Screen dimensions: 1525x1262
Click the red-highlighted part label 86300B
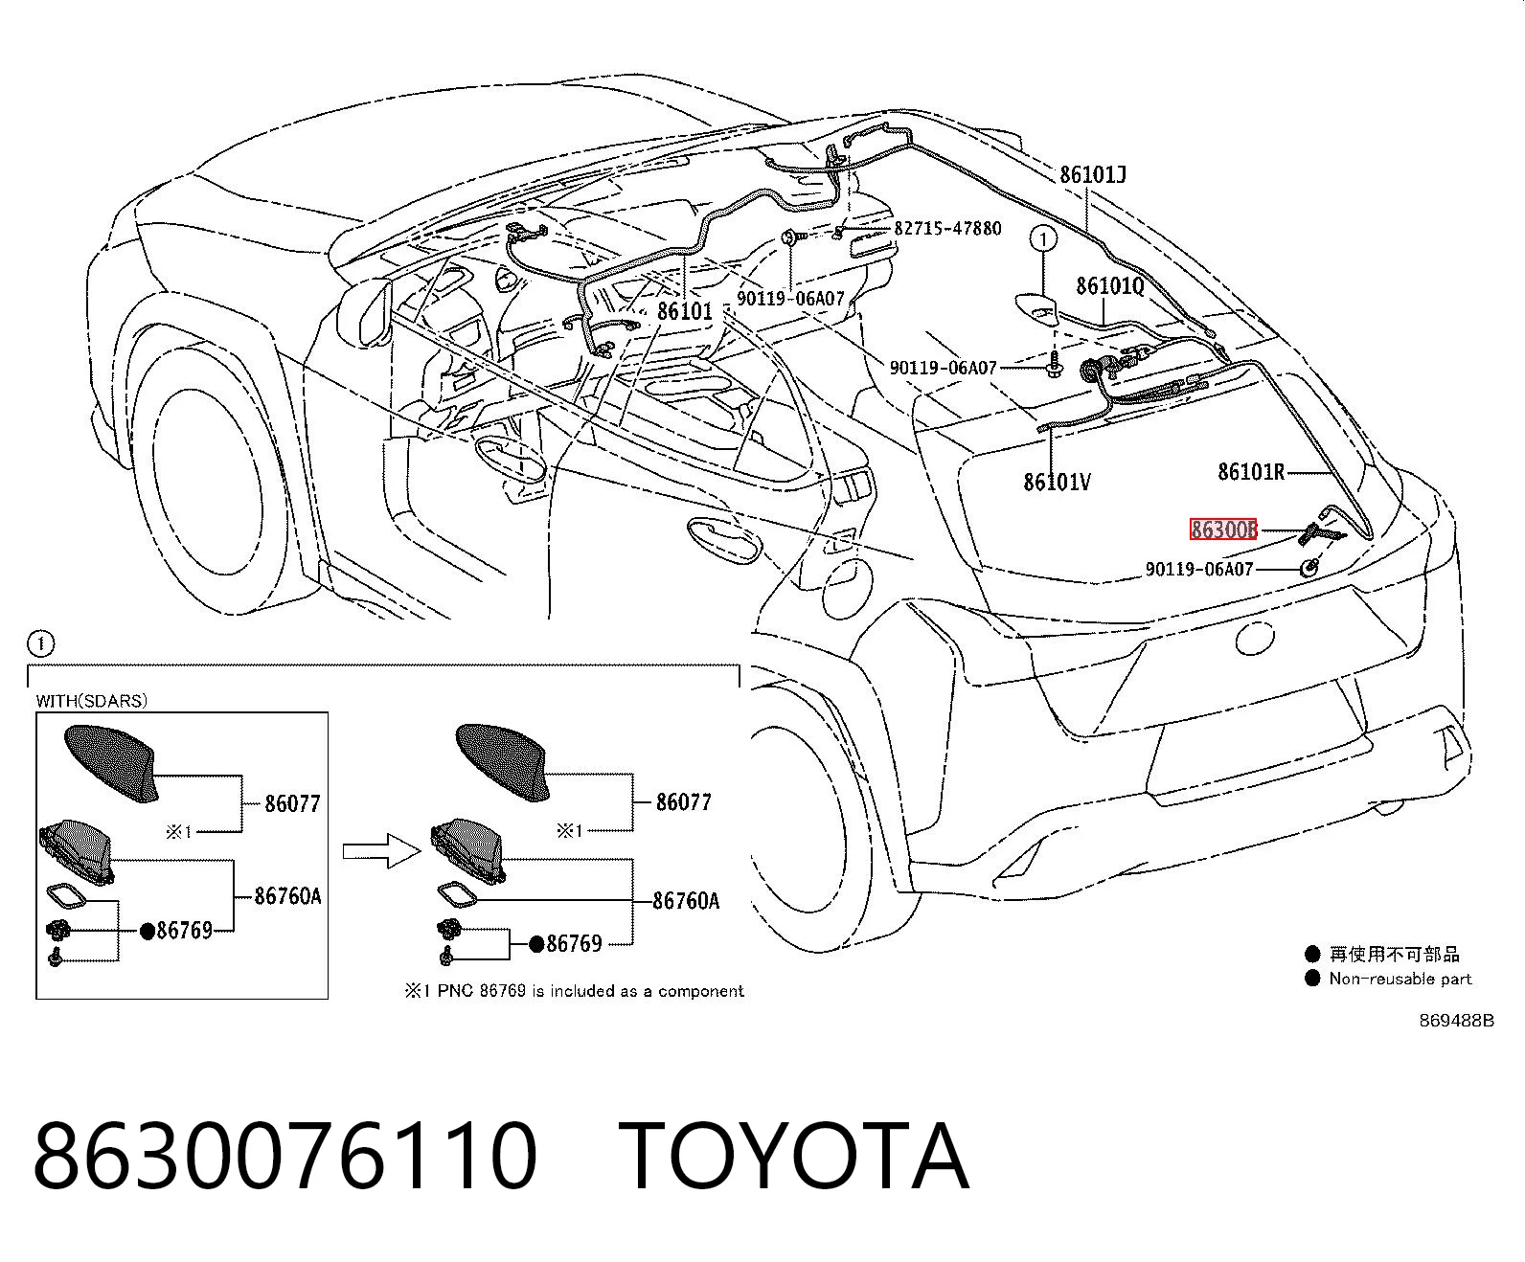pyautogui.click(x=1223, y=529)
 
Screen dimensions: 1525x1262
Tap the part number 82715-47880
pyautogui.click(x=947, y=229)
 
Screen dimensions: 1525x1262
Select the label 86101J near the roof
pyautogui.click(x=1093, y=174)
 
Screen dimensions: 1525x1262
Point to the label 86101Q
pyautogui.click(x=1110, y=285)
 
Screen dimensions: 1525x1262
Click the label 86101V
pyautogui.click(x=1057, y=482)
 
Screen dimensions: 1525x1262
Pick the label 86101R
pyautogui.click(x=1251, y=472)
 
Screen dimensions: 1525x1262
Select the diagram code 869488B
pyautogui.click(x=1456, y=1021)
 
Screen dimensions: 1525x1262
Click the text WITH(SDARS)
pyautogui.click(x=91, y=701)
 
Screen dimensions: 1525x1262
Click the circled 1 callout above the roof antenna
pyautogui.click(x=1043, y=238)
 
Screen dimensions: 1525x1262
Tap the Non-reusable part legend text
pyautogui.click(x=1400, y=979)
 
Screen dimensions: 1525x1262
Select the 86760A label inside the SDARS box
pyautogui.click(x=287, y=896)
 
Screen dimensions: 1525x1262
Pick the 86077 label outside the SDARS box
pyautogui.click(x=684, y=801)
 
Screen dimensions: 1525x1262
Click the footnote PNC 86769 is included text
pyautogui.click(x=574, y=991)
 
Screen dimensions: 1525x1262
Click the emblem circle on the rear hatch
pyautogui.click(x=1255, y=638)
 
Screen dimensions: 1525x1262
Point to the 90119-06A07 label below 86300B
pyautogui.click(x=1198, y=569)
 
